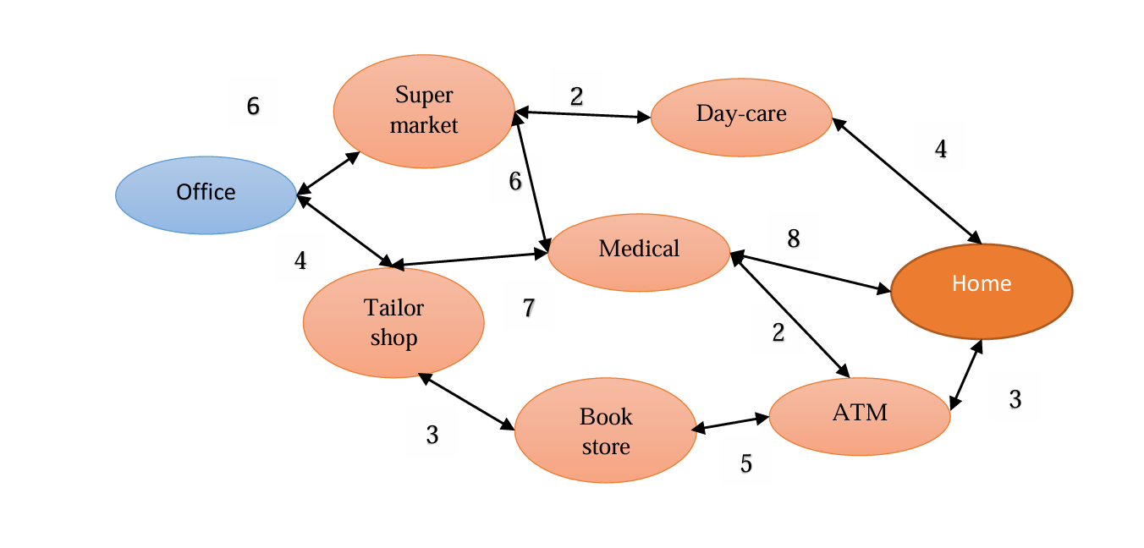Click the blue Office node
(x=206, y=195)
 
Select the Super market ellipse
(x=424, y=112)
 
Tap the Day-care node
(x=741, y=117)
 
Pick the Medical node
(x=639, y=252)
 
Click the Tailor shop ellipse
(x=393, y=322)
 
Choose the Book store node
(x=606, y=430)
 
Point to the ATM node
(x=860, y=417)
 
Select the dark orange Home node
(x=982, y=291)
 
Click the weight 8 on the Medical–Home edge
(x=794, y=239)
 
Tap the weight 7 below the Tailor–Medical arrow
(x=529, y=308)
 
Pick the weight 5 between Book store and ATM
(x=745, y=463)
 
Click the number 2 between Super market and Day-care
(x=576, y=96)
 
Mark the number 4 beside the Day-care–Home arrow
(x=941, y=150)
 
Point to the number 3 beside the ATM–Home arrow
(x=1015, y=399)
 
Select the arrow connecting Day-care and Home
(x=907, y=181)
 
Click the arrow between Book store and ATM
(x=731, y=424)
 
